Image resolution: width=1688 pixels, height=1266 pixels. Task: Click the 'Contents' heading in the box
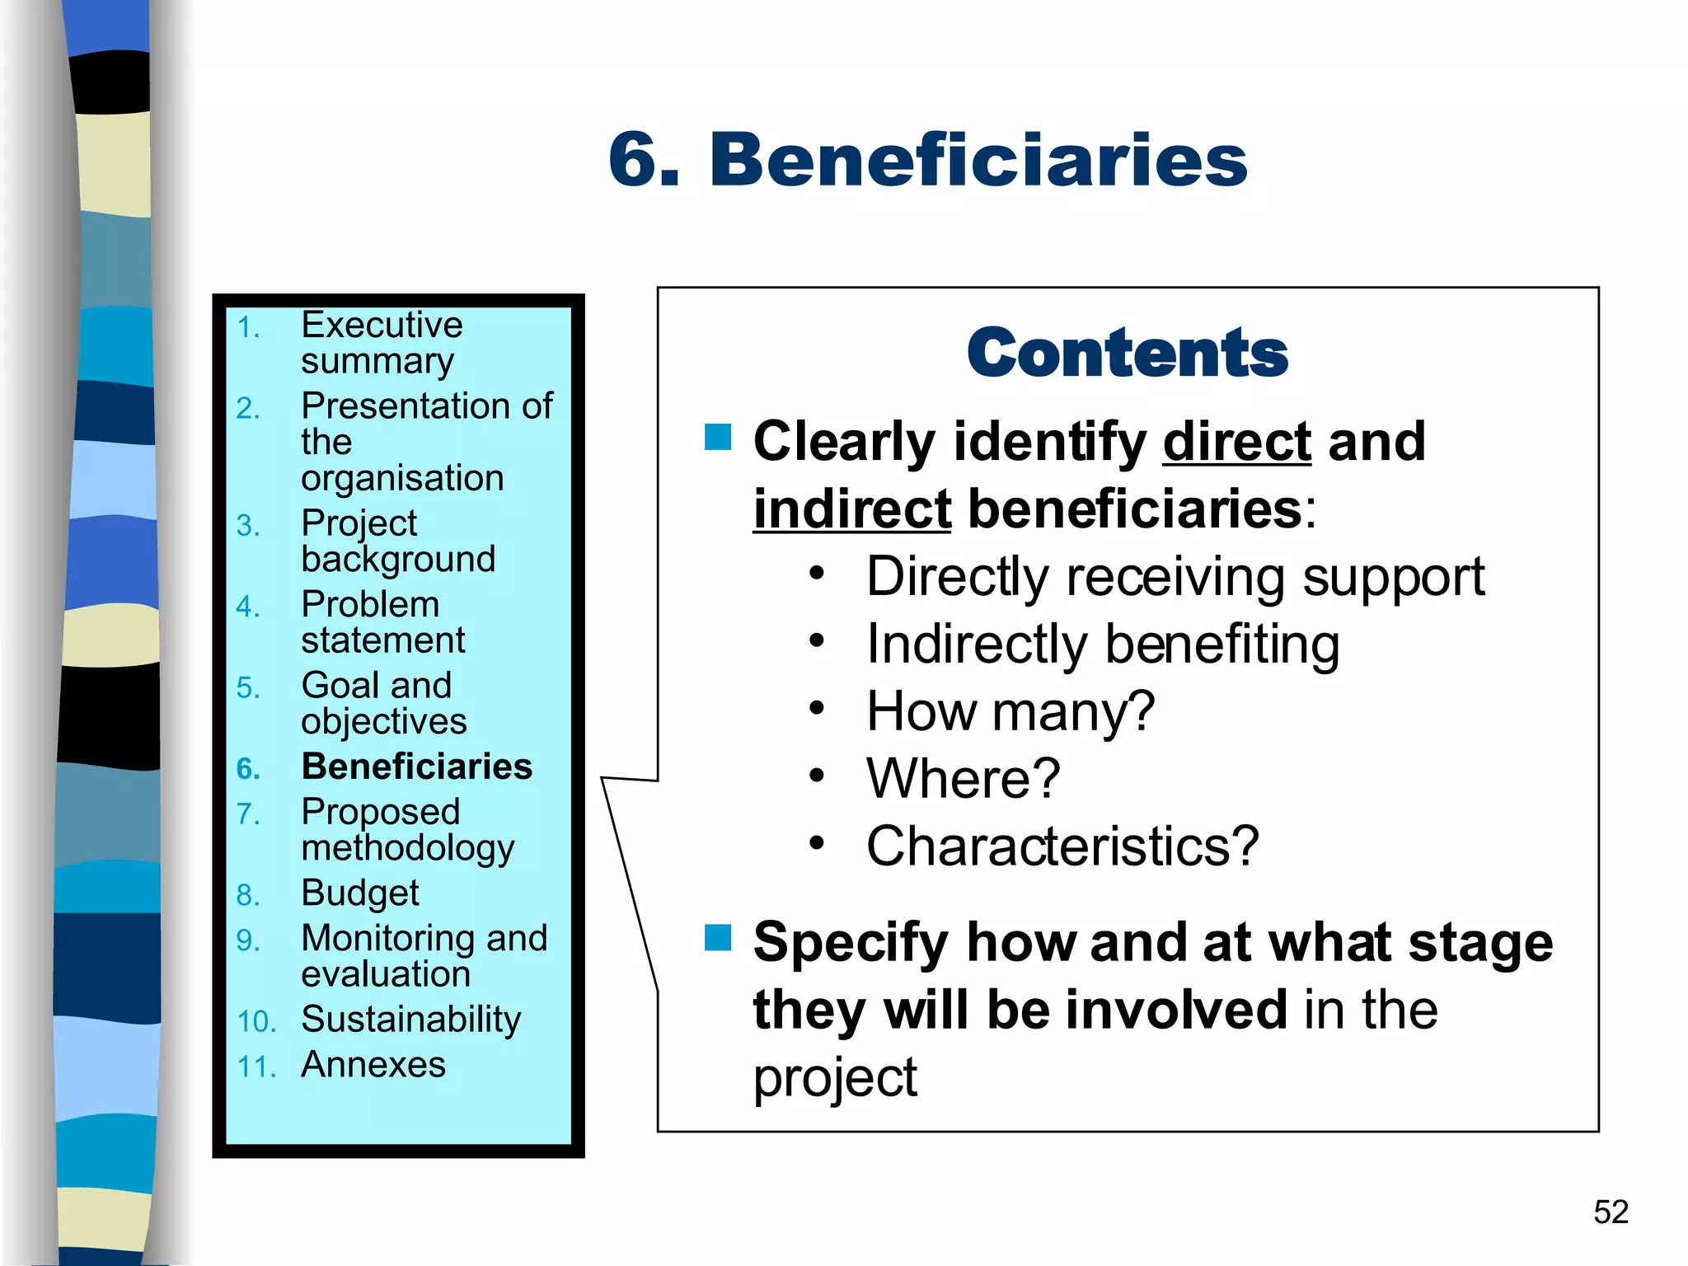1127,353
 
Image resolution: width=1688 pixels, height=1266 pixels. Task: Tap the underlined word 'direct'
1236,442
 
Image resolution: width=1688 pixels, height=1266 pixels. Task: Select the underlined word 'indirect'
852,509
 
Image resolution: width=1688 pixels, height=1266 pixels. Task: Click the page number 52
1611,1212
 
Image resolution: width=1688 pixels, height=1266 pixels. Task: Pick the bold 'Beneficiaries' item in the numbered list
416,767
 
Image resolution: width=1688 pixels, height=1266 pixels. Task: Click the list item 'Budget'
360,893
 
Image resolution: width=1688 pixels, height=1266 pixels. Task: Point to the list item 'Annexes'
373,1065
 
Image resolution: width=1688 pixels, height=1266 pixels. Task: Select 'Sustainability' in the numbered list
410,1020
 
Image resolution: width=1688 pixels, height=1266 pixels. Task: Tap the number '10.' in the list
256,1022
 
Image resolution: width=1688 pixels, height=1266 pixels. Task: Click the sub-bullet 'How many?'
1010,711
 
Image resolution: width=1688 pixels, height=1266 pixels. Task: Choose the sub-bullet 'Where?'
963,779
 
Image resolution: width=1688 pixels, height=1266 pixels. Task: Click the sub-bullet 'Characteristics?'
1062,846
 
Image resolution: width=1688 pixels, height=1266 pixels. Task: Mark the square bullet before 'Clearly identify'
718,437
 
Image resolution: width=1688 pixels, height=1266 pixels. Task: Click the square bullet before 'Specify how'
718,937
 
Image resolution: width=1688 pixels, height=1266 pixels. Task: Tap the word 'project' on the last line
834,1077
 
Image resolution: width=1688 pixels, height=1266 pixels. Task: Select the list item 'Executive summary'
381,343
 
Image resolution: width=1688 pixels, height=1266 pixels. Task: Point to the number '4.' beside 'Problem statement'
248,607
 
